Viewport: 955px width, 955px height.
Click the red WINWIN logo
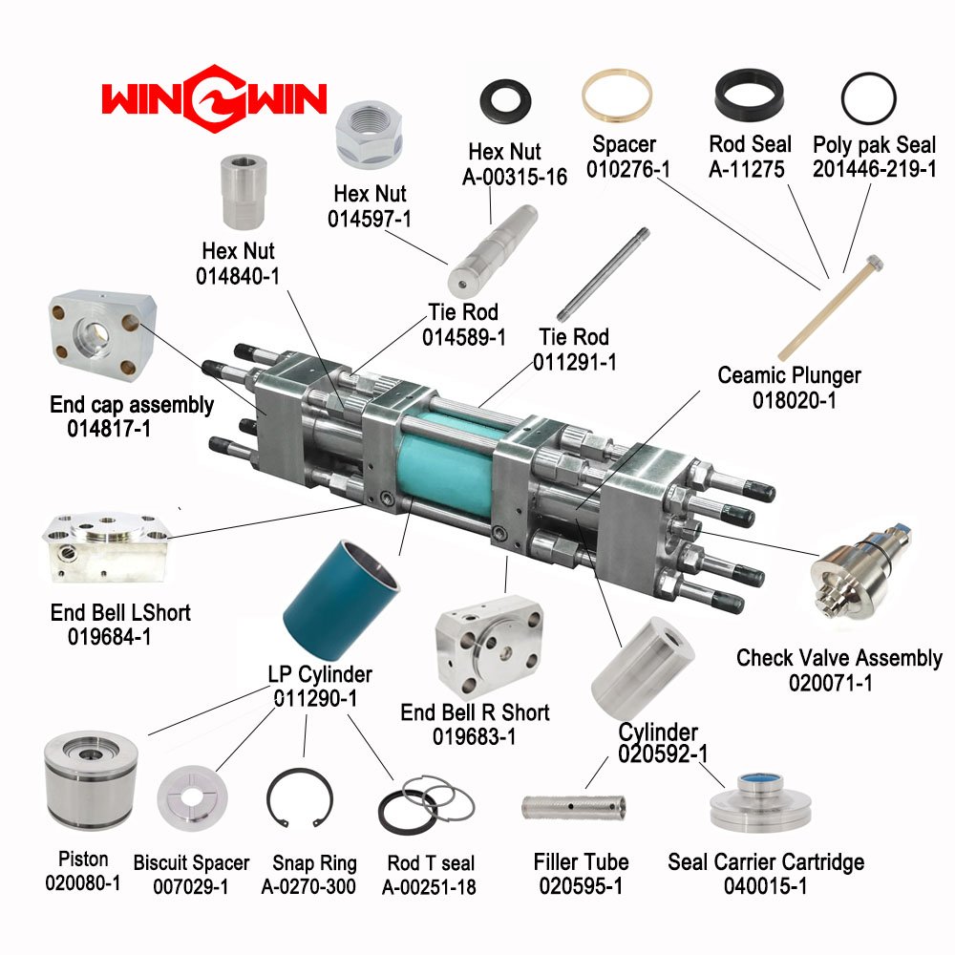(x=214, y=99)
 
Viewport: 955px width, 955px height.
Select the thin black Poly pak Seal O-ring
(x=868, y=98)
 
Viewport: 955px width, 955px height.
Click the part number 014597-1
(x=369, y=219)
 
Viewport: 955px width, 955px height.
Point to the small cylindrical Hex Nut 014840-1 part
(x=243, y=191)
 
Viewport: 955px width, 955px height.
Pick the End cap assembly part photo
(x=102, y=335)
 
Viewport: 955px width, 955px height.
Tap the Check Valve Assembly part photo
(x=860, y=571)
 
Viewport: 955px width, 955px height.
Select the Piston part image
(x=91, y=780)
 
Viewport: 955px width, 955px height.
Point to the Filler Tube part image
(x=574, y=807)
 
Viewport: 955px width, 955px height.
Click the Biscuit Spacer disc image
(x=193, y=797)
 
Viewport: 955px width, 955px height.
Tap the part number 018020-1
(x=795, y=400)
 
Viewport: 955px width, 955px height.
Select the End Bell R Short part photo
(x=489, y=647)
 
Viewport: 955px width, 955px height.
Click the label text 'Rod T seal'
(x=431, y=863)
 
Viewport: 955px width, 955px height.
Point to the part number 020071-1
(x=830, y=683)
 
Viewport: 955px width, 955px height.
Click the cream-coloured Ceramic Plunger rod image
(x=830, y=308)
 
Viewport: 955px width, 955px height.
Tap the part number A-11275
(x=746, y=169)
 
